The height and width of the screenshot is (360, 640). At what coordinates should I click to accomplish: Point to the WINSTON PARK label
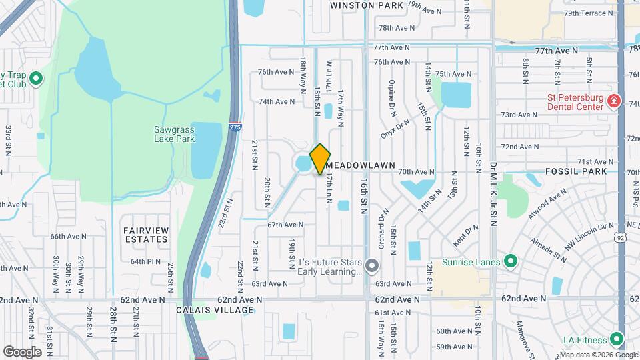pyautogui.click(x=367, y=5)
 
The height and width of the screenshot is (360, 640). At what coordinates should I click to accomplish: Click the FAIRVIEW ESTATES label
pyautogui.click(x=145, y=234)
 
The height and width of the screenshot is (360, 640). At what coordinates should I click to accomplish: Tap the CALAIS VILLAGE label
pyautogui.click(x=215, y=310)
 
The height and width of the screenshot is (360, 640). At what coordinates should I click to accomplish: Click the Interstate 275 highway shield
pyautogui.click(x=234, y=127)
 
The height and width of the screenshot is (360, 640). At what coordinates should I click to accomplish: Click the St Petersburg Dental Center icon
pyautogui.click(x=614, y=102)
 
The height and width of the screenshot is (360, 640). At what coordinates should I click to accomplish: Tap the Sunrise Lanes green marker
pyautogui.click(x=511, y=261)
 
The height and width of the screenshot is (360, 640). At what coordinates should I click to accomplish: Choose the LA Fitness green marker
pyautogui.click(x=621, y=339)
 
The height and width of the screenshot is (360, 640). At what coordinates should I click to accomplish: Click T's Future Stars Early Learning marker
pyautogui.click(x=373, y=267)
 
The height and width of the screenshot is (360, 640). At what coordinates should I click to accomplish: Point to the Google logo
pyautogui.click(x=22, y=351)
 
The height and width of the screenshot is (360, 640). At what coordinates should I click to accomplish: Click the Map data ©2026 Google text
pyautogui.click(x=596, y=354)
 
